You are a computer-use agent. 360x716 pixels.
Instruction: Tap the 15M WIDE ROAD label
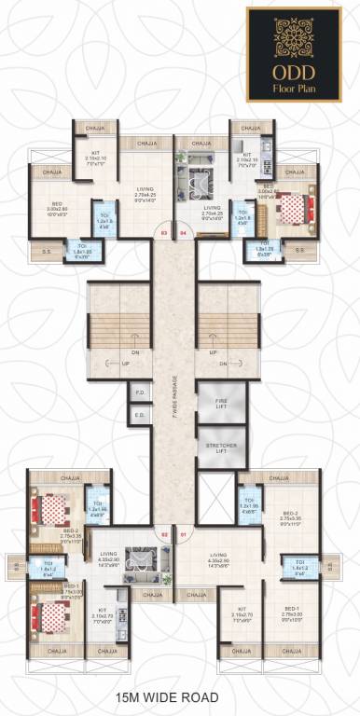coord(180,696)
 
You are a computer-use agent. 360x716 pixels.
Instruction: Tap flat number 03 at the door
coord(165,233)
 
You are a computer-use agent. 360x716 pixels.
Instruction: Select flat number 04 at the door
coord(183,233)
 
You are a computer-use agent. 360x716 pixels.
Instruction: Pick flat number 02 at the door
coord(165,534)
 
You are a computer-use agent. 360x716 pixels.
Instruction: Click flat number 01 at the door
coord(183,534)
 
